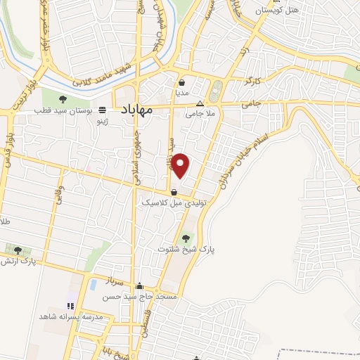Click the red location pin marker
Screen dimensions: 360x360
pos(181,165)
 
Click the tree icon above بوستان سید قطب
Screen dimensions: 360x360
pos(63,99)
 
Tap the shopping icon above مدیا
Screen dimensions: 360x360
pos(181,81)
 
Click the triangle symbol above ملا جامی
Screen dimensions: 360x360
pos(200,103)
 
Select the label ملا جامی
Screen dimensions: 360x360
pos(199,113)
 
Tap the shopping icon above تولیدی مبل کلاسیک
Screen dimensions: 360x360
pos(174,191)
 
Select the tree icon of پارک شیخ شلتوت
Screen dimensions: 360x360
pos(186,238)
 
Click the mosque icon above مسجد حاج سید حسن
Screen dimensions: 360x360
pos(140,286)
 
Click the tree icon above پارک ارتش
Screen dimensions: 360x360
pos(18,250)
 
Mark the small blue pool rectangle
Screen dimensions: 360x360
pos(93,285)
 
